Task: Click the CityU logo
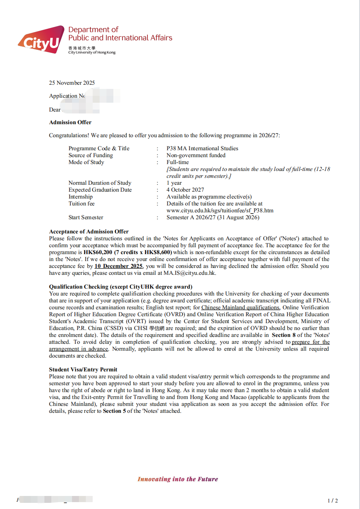click(x=41, y=40)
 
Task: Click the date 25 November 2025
click(x=72, y=83)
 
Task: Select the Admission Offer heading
click(x=70, y=122)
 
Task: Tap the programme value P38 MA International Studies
click(x=202, y=148)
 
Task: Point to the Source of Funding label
click(x=90, y=155)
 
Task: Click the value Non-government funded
click(x=196, y=155)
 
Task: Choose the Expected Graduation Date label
click(x=100, y=190)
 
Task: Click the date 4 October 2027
click(x=185, y=190)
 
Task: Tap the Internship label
click(x=80, y=197)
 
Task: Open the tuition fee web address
click(x=220, y=210)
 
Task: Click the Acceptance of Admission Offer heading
click(x=88, y=232)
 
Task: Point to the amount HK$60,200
click(x=98, y=252)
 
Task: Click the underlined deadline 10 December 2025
click(x=118, y=266)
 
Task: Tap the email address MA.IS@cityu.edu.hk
click(x=189, y=273)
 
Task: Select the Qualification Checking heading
click(x=120, y=287)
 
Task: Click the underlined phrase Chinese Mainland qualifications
click(x=241, y=307)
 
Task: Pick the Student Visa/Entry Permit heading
click(x=83, y=369)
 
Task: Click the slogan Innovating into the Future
click(x=178, y=479)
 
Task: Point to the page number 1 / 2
click(x=332, y=501)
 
